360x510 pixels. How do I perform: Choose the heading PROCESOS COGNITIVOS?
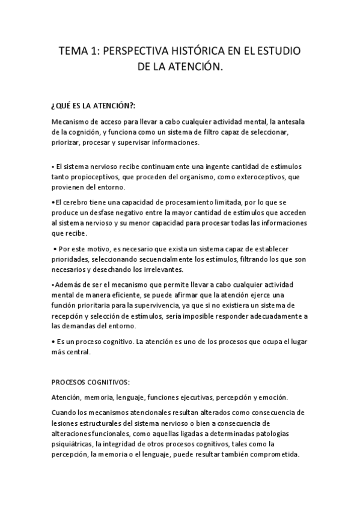click(90, 382)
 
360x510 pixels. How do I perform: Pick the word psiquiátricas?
click(73, 444)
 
